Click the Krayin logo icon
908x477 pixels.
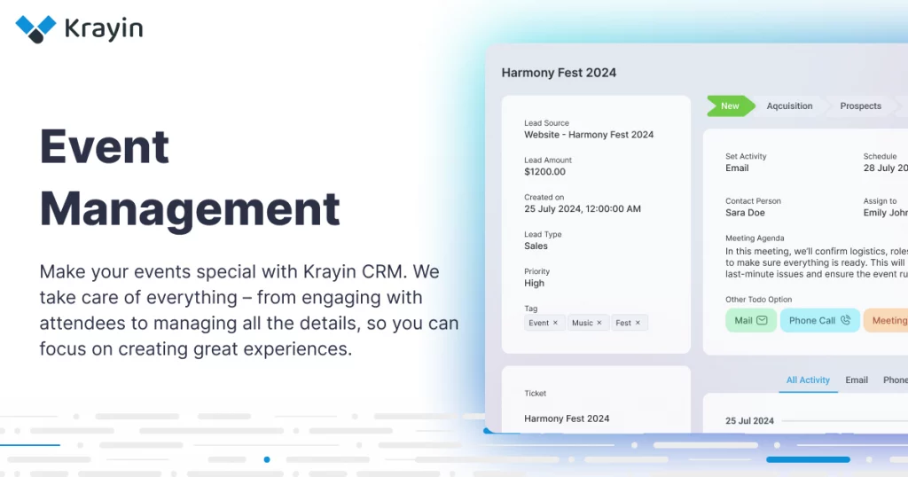35,28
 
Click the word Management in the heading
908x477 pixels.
190,209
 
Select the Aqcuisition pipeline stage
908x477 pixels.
789,106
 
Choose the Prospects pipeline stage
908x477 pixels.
860,106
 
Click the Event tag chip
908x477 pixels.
539,323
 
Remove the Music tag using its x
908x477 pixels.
599,323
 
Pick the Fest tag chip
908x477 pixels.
623,323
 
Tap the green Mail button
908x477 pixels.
750,320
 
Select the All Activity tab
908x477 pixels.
808,380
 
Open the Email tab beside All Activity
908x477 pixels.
857,380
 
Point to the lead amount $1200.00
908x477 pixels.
544,172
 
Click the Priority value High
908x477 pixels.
534,284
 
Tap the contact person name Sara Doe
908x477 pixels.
745,213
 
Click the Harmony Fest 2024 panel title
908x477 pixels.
559,73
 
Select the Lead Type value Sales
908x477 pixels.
536,246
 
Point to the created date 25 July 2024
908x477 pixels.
582,209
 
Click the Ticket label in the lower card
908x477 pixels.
535,394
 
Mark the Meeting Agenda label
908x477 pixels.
753,238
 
